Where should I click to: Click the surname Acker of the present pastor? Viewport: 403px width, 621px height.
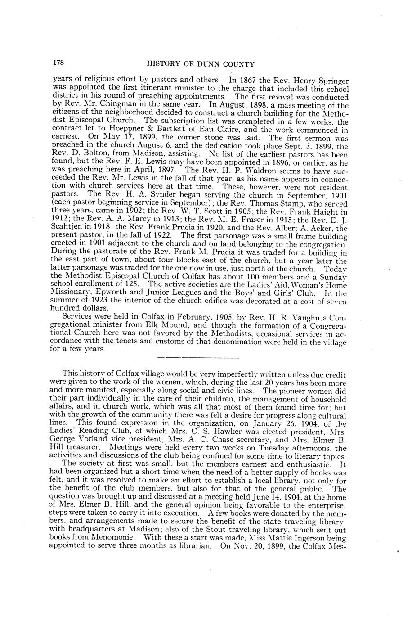[x=323, y=228]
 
